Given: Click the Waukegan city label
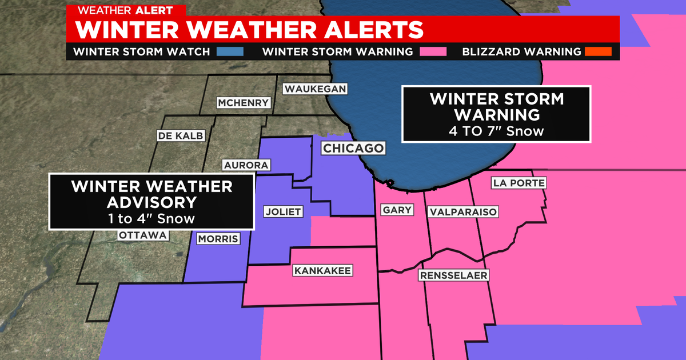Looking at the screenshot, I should [316, 89].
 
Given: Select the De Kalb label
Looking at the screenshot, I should [172, 135].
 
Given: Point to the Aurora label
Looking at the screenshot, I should [246, 165].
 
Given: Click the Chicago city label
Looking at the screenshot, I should [353, 149].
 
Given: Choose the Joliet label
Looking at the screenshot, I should [282, 211].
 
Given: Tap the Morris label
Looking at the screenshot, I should [217, 239].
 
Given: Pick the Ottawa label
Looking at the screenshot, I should [143, 235].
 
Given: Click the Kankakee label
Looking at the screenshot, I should [323, 270].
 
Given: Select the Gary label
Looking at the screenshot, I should [397, 210].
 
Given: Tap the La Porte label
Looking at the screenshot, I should [519, 183].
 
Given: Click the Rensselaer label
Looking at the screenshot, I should [453, 275].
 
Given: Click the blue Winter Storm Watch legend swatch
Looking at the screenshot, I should [230, 51].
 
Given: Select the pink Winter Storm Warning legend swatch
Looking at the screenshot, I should [433, 51].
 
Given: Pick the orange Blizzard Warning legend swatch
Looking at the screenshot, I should [598, 51].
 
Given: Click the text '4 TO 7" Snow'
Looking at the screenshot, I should [496, 131].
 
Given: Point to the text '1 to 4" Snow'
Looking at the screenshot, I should [151, 218].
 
